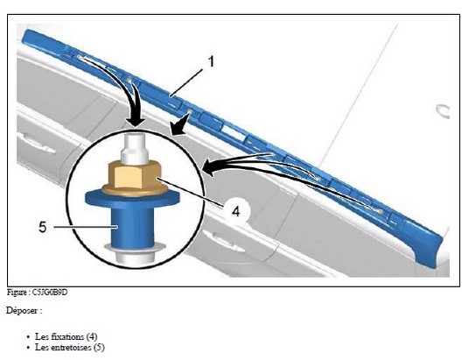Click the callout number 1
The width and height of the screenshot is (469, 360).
212,61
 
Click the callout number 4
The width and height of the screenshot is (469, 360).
236,211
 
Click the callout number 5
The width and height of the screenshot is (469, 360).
43,227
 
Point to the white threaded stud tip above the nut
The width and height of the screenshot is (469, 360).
135,150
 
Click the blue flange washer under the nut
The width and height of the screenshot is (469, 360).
132,199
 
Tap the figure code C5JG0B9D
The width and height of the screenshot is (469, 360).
50,293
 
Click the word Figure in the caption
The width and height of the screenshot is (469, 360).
17,293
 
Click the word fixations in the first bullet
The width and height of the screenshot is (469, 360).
70,336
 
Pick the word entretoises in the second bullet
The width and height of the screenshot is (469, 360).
73,348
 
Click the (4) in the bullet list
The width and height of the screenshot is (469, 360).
92,336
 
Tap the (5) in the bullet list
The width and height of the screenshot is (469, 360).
99,348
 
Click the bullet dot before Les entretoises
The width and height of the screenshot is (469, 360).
28,348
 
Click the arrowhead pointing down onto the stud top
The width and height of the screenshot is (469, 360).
135,123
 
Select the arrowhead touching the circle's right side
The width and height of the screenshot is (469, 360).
209,166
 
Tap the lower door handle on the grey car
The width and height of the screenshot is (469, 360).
223,241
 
